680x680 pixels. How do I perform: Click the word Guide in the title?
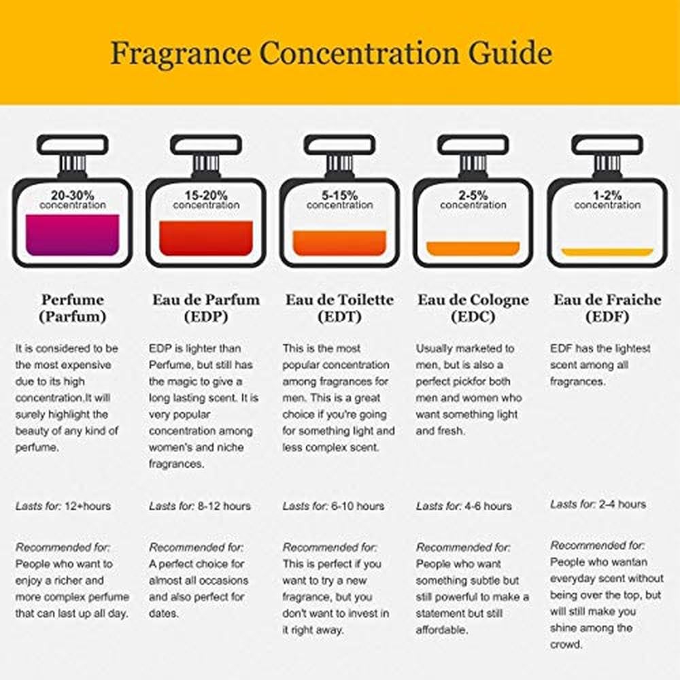(x=510, y=53)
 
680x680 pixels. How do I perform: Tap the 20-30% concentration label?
(x=73, y=200)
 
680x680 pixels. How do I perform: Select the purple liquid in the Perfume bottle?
(x=73, y=235)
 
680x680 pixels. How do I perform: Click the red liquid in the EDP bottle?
(x=206, y=238)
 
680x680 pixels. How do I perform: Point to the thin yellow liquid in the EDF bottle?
(x=607, y=252)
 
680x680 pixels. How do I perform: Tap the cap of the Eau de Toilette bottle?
(x=339, y=144)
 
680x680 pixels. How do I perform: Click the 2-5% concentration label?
(x=473, y=200)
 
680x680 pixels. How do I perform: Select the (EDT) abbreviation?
(x=339, y=317)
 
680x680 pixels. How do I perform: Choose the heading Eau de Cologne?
(x=473, y=300)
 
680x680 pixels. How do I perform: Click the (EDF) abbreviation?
(x=607, y=317)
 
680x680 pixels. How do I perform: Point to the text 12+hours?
(x=88, y=506)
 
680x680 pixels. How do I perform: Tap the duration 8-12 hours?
(x=224, y=506)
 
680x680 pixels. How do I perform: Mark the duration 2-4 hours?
(x=622, y=505)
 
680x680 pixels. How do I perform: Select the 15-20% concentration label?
(x=206, y=200)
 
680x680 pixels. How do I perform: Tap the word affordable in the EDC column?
(x=442, y=630)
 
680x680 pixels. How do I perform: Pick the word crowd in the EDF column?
(x=560, y=645)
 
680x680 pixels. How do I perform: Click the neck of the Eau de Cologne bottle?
(x=473, y=163)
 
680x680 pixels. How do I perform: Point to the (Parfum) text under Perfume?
(x=73, y=317)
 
